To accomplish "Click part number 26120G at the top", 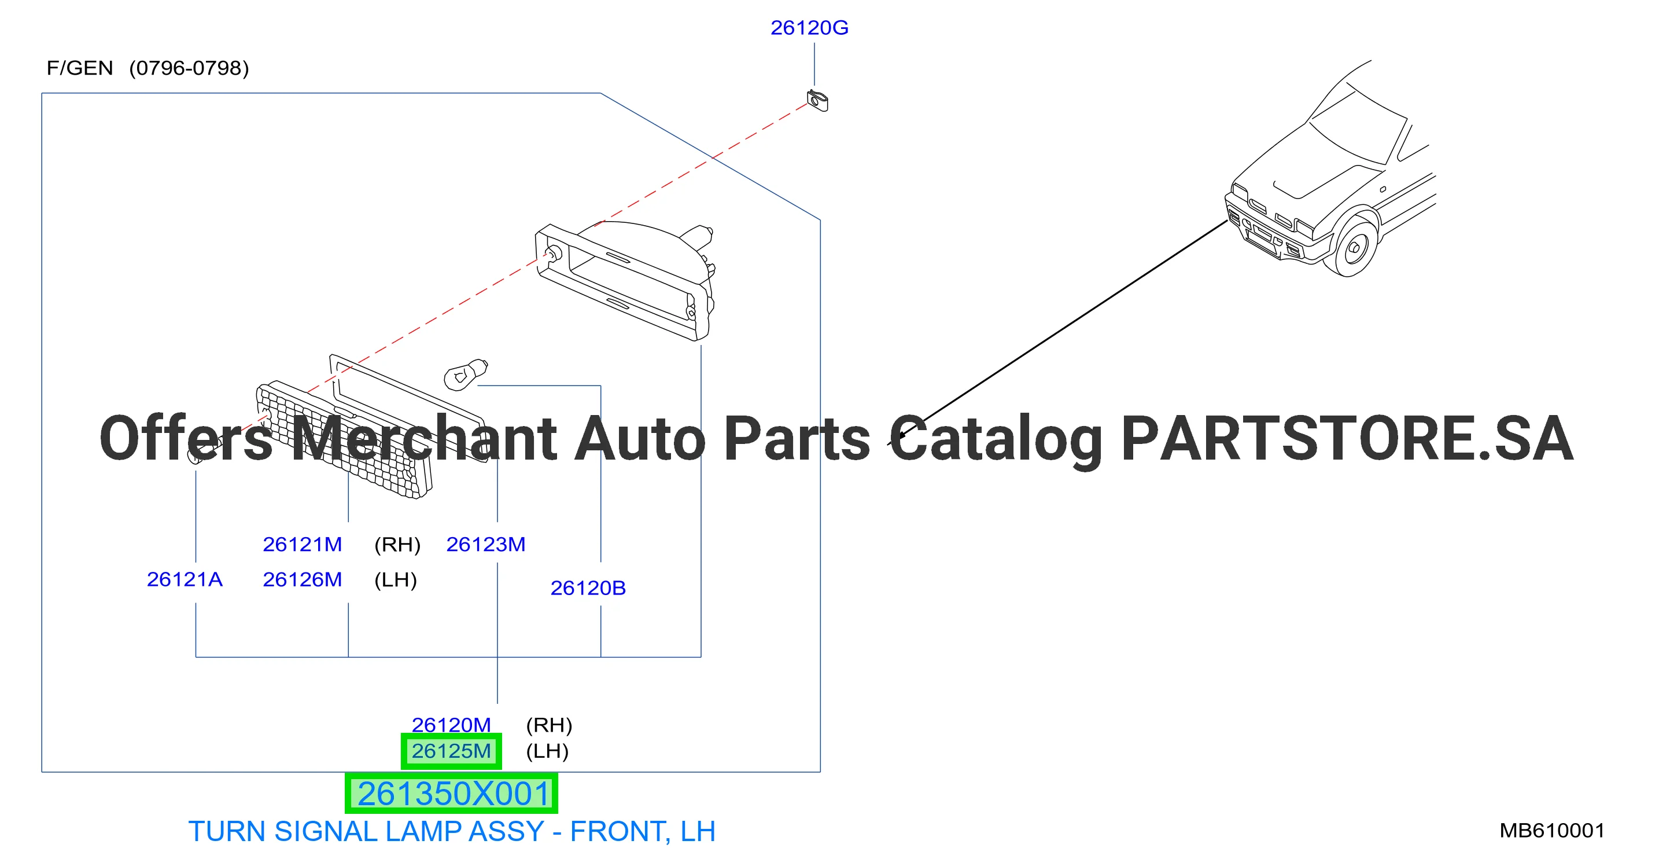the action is point(809,28).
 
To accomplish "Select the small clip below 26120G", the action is point(817,101).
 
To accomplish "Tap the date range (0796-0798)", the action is point(189,68).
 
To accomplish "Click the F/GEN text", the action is point(80,68).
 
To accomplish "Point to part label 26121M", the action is point(302,544).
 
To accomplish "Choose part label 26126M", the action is point(302,579).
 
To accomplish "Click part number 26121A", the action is point(185,579).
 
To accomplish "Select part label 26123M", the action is point(485,544).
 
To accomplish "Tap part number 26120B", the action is point(588,588).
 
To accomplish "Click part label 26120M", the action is point(451,724).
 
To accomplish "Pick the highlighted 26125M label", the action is point(451,751).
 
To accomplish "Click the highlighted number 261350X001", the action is point(452,794).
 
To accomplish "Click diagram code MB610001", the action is point(1552,831).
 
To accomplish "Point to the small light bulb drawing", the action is point(466,375).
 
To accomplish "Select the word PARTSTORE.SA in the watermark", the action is point(1347,439).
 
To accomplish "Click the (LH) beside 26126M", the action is point(396,580).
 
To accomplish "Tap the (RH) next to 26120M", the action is point(549,725).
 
